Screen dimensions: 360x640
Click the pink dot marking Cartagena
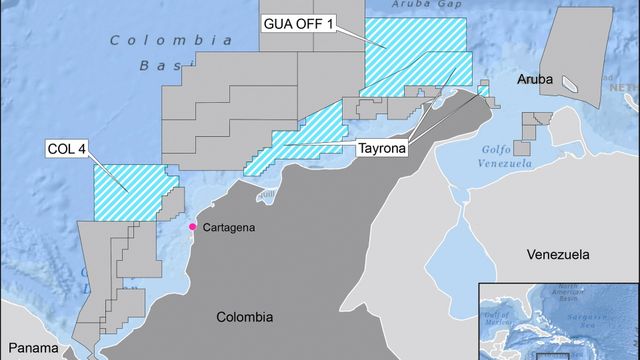[x=193, y=227]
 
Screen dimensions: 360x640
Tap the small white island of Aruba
[x=570, y=83]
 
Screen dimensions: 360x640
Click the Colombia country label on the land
[x=244, y=317]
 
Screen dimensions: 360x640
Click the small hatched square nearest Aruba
[x=483, y=91]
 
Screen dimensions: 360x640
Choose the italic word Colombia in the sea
[x=164, y=40]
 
